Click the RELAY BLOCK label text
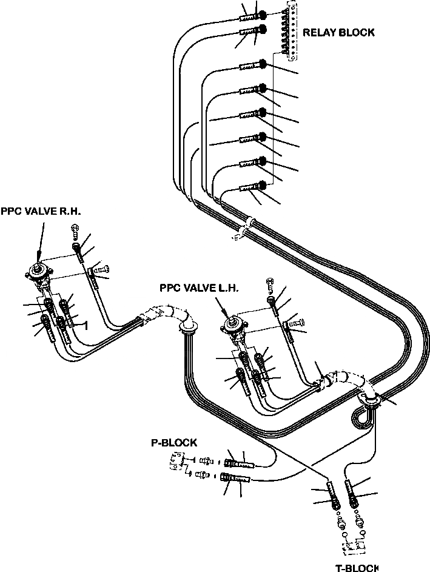[338, 33]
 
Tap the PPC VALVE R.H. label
[41, 211]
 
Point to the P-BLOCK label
[173, 443]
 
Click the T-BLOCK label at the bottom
[357, 567]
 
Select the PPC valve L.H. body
[234, 328]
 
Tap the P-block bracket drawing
[176, 466]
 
